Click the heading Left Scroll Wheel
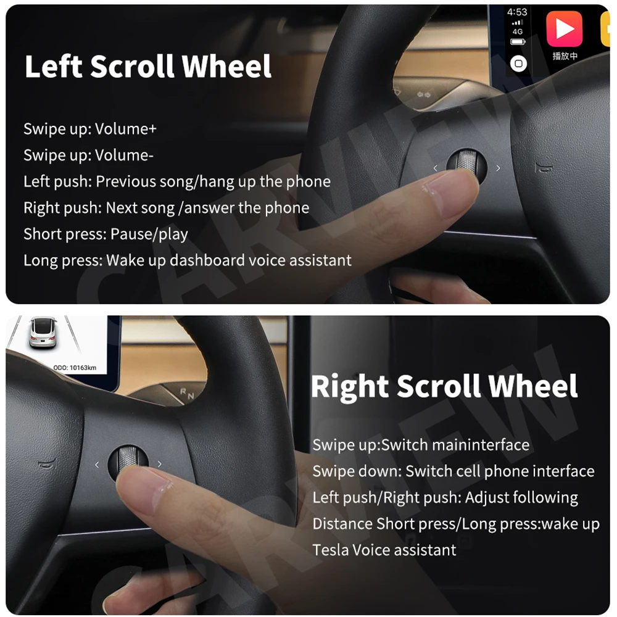147,67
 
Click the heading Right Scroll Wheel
444,387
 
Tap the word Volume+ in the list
126,129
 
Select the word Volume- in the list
124,155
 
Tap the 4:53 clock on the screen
517,12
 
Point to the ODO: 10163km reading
75,368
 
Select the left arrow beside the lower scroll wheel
97,465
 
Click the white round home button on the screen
519,64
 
